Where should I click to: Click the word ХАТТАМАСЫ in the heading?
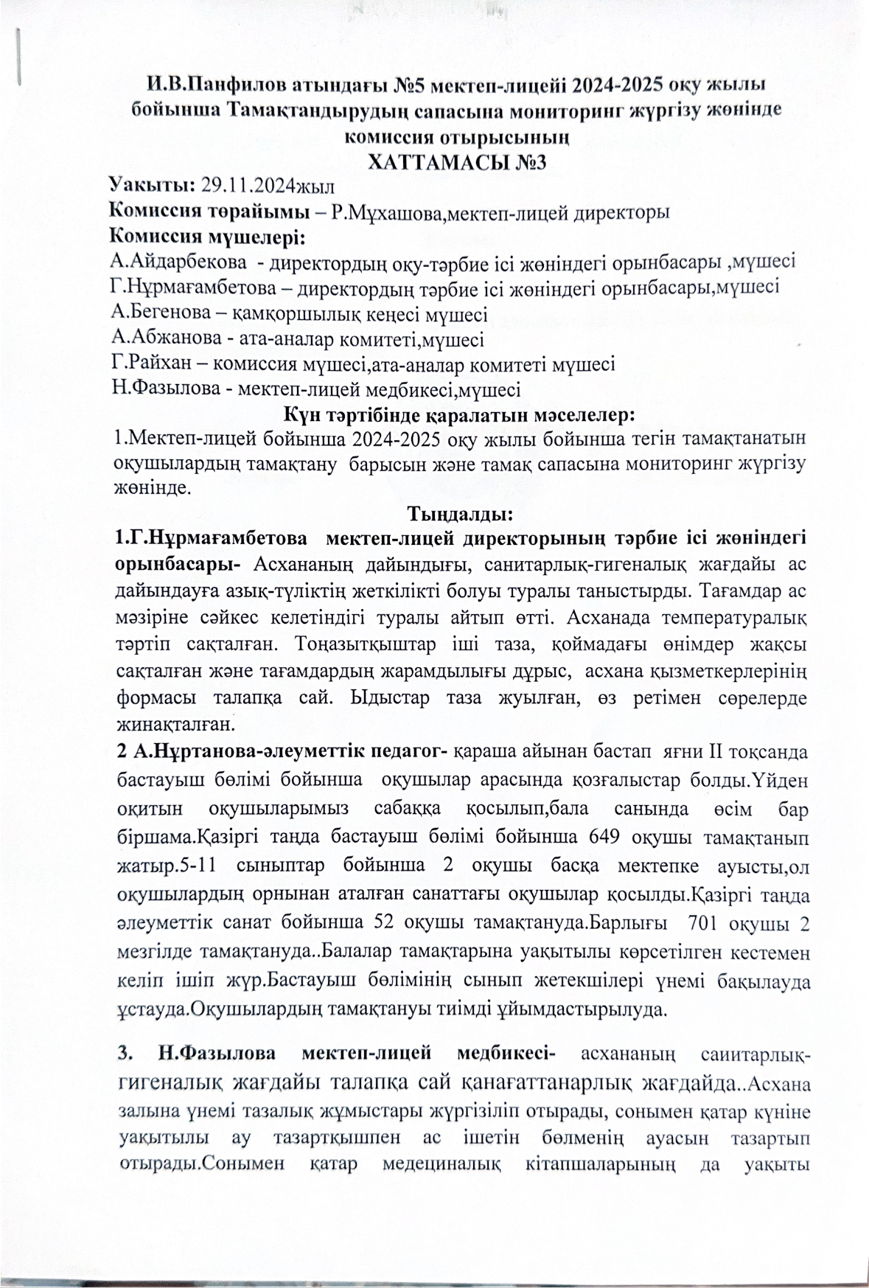click(435, 161)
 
